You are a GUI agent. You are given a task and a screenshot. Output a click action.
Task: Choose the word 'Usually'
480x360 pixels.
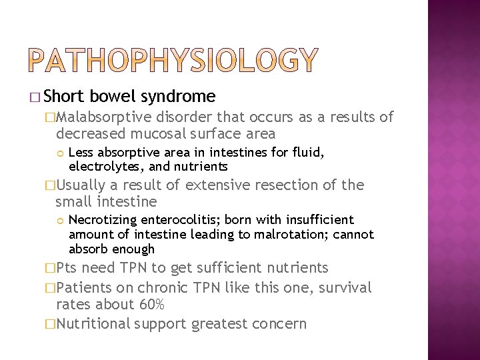click(83, 185)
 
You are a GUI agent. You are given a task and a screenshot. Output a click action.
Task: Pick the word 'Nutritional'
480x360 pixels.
click(93, 324)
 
